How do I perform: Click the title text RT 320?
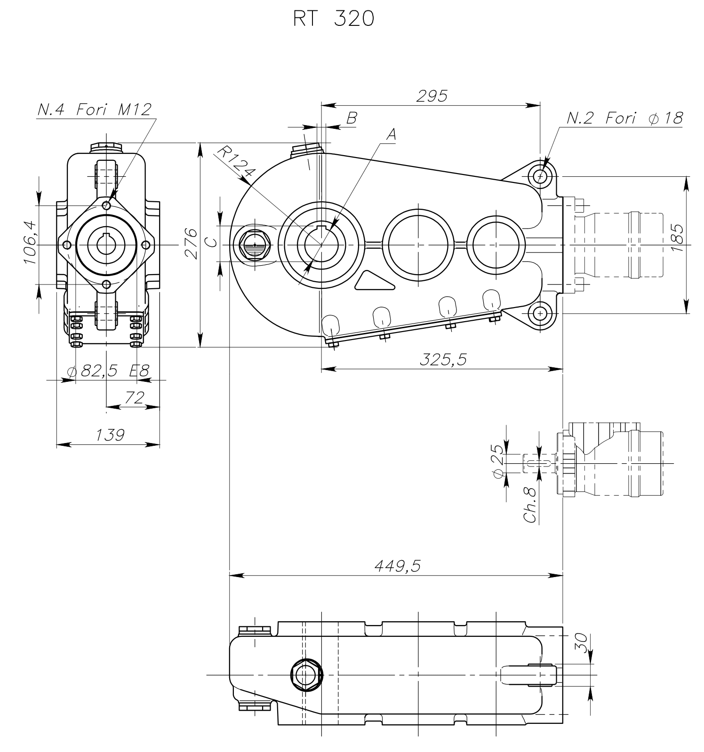pos(333,18)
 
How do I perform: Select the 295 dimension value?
pos(432,96)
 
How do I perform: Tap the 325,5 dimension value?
pos(443,359)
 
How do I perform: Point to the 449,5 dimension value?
pos(397,566)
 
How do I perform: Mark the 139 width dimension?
pos(110,435)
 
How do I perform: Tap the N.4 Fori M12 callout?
pos(95,110)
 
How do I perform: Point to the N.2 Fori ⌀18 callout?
pos(624,118)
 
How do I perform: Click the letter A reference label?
pos(391,135)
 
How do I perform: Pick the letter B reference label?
pos(352,118)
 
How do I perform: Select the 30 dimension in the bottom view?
pos(582,642)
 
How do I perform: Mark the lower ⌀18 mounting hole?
pos(540,313)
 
